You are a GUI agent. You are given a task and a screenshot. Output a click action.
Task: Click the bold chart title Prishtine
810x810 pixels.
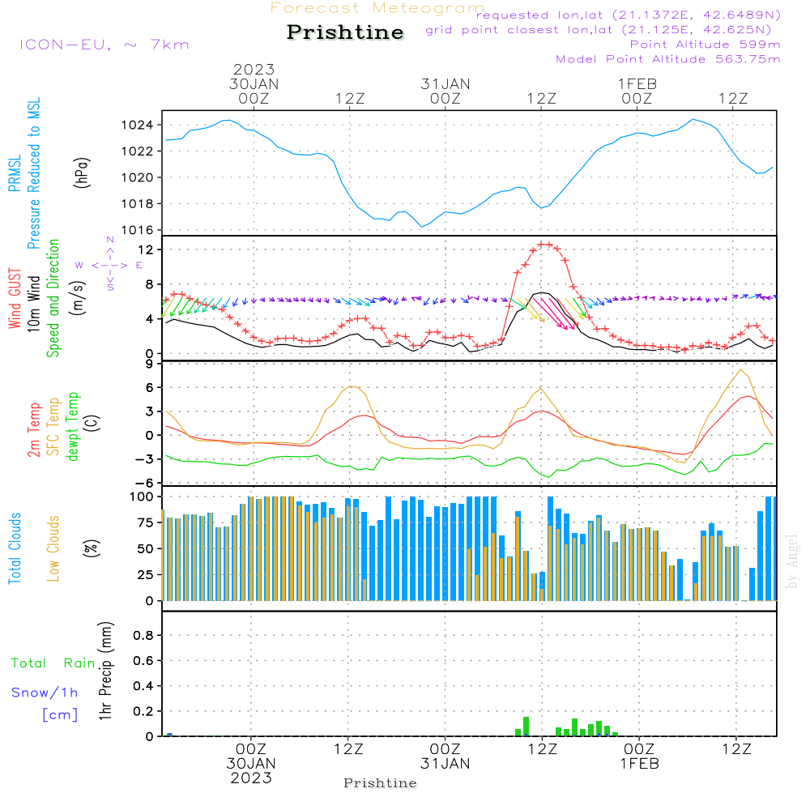(345, 32)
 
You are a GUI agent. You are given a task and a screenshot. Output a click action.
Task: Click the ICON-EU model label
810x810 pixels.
(104, 45)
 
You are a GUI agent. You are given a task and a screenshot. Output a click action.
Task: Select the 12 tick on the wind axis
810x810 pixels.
(147, 249)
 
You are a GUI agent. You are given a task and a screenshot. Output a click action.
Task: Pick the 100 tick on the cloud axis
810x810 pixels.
(143, 496)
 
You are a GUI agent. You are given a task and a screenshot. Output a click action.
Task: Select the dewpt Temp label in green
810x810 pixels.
(72, 427)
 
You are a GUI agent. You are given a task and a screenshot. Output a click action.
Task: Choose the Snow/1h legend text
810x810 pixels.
(45, 693)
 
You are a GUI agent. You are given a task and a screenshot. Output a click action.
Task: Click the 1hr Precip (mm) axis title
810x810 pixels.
(105, 672)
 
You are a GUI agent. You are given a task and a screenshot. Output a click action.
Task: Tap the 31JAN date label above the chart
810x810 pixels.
(445, 83)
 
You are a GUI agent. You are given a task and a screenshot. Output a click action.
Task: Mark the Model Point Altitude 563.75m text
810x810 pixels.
(668, 59)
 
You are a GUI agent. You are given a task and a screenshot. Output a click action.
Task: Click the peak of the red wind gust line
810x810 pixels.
(544, 244)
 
